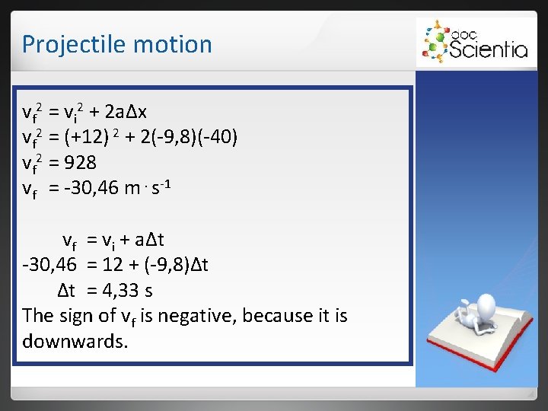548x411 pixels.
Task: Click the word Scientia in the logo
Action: [x=489, y=49]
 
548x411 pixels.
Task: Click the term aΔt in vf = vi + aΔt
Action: [x=150, y=241]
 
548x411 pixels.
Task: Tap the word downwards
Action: [x=75, y=340]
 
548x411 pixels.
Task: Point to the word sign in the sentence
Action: [x=78, y=315]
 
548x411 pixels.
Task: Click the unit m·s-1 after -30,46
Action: [x=142, y=188]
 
